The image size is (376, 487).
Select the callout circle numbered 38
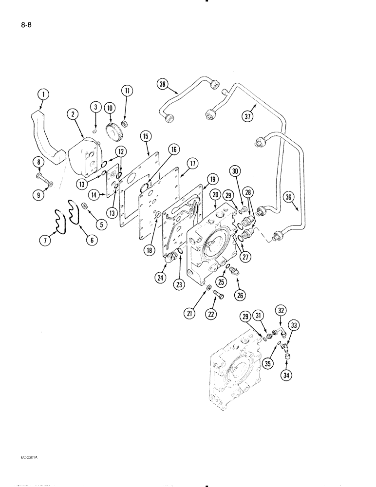click(x=162, y=84)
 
